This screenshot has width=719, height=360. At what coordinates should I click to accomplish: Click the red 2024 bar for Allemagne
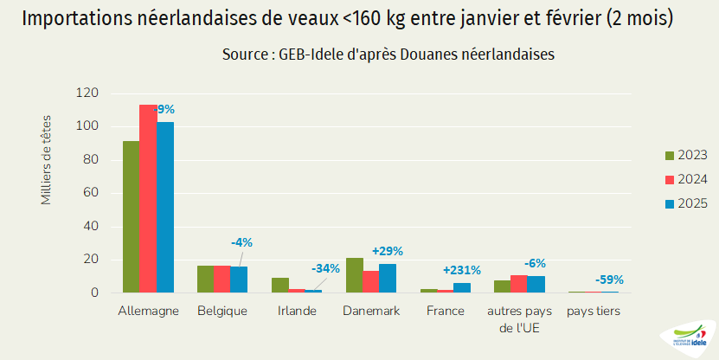148,199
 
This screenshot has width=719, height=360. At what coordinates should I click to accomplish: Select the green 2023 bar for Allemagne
131,216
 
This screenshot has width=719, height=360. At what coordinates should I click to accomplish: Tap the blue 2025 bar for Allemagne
165,208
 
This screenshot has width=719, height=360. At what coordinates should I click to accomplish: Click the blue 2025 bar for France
462,288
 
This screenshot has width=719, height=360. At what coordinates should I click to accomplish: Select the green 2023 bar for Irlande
279,286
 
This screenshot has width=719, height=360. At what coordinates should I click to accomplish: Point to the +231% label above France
461,270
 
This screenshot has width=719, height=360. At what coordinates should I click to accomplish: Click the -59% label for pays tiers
609,280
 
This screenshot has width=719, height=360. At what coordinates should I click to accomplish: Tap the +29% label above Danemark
388,251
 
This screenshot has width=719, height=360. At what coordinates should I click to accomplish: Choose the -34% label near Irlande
326,268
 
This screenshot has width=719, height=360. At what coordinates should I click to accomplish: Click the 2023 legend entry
685,155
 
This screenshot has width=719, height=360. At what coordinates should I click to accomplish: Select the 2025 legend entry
685,203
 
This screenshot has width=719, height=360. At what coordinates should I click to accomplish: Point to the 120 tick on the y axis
88,93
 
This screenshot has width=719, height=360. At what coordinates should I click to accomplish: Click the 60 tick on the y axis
92,193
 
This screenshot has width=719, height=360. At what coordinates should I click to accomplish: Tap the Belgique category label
222,311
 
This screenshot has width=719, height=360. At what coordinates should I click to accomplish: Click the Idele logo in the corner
688,340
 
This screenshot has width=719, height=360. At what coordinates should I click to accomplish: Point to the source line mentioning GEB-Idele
388,54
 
